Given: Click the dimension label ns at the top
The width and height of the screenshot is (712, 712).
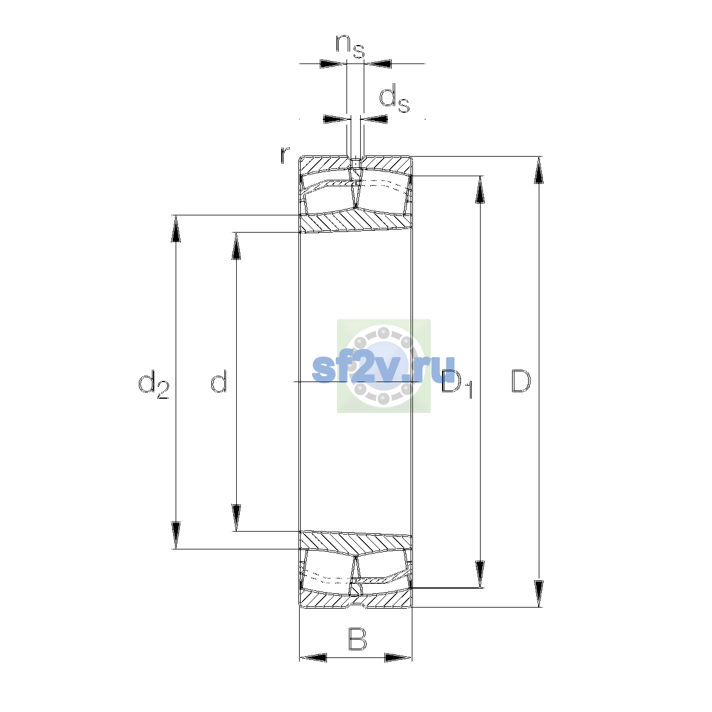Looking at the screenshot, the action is pos(350,46).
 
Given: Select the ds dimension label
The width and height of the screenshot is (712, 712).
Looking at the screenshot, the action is pos(394,98).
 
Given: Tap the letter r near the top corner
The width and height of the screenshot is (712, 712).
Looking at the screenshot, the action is pos(285,155).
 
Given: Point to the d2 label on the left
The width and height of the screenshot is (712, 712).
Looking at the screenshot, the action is pos(154,384).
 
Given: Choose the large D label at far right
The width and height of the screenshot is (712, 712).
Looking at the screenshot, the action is pos(521,381).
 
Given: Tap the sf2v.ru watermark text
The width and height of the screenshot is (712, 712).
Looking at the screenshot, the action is pos(383,368).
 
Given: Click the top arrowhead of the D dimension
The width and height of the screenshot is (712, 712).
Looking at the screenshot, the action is pos(539,170).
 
